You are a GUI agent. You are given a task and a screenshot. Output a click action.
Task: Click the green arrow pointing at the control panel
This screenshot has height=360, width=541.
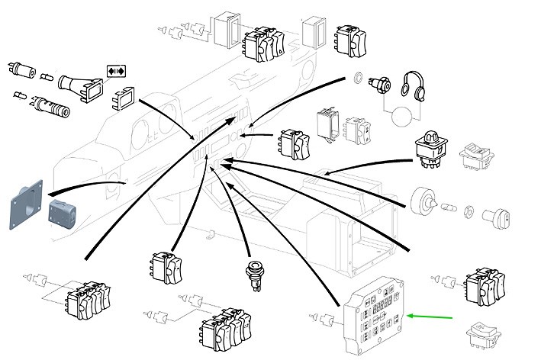point(431,315)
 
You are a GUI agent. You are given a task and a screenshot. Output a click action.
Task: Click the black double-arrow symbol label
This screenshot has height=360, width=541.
point(115,71)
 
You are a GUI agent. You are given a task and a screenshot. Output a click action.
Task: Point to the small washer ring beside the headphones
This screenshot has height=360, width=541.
point(358,78)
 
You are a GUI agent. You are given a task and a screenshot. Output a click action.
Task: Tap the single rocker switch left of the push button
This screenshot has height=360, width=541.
point(166,268)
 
